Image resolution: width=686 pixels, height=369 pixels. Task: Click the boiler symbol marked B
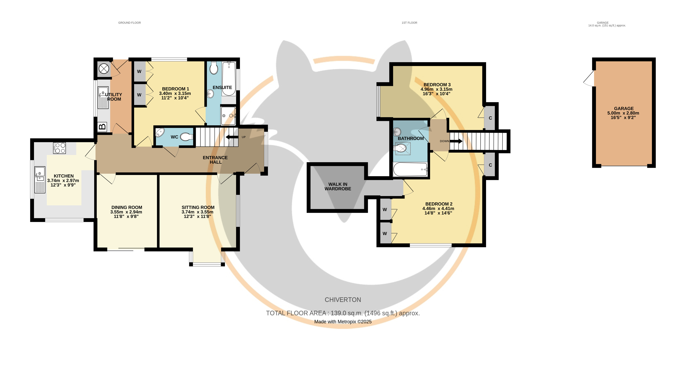pyautogui.click(x=102, y=127)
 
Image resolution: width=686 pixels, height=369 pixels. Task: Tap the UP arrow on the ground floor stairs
pyautogui.click(x=232, y=137)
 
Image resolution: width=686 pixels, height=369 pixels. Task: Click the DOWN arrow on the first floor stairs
pyautogui.click(x=456, y=141)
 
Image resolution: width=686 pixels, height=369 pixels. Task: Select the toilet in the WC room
pyautogui.click(x=187, y=137)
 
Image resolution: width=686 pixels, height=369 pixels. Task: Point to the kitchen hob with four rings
pyautogui.click(x=60, y=148)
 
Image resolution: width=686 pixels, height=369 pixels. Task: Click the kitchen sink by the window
pyautogui.click(x=40, y=180)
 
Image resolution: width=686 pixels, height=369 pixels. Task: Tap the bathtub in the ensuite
pyautogui.click(x=229, y=79)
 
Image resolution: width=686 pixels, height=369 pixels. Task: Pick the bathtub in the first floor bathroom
pyautogui.click(x=410, y=169)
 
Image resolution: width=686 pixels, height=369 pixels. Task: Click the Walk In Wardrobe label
pyautogui.click(x=338, y=186)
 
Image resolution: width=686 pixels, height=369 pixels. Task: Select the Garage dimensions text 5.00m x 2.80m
pyautogui.click(x=623, y=113)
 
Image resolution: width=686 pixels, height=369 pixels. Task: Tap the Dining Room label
pyautogui.click(x=127, y=207)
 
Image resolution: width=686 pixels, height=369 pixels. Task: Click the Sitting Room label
pyautogui.click(x=198, y=207)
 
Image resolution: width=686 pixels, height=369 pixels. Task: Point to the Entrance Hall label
pyautogui.click(x=215, y=160)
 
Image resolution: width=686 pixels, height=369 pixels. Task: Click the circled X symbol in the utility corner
pyautogui.click(x=104, y=69)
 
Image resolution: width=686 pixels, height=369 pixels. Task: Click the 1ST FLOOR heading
pyautogui.click(x=409, y=23)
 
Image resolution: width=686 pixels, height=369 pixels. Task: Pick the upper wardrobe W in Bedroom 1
pyautogui.click(x=139, y=71)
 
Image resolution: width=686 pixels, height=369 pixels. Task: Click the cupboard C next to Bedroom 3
pyautogui.click(x=490, y=118)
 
